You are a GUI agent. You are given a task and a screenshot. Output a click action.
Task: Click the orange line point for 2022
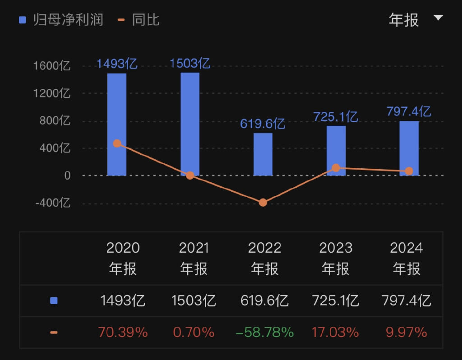click(x=263, y=203)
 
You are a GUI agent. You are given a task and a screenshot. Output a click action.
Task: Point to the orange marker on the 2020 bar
click(x=117, y=143)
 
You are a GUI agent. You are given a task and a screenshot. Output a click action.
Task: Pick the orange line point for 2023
click(x=336, y=168)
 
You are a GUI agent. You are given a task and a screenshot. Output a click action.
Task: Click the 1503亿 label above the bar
click(x=190, y=64)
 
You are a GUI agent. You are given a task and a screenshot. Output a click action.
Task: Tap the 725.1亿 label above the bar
click(x=336, y=117)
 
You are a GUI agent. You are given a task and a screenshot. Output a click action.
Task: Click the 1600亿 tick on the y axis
click(x=52, y=66)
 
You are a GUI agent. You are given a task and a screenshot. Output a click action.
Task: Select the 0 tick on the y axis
click(x=67, y=175)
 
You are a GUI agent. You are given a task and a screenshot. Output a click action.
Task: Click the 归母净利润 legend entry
click(x=61, y=20)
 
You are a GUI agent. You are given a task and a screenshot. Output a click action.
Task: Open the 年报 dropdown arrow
click(x=438, y=18)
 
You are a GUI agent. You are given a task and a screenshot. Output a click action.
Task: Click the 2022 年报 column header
click(x=265, y=258)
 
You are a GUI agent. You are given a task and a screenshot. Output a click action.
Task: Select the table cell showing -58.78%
click(x=265, y=332)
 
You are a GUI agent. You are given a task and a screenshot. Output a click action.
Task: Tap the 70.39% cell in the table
click(x=123, y=332)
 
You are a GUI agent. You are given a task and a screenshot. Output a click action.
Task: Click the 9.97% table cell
click(x=406, y=332)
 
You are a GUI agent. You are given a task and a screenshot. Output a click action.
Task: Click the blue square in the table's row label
click(x=54, y=300)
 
